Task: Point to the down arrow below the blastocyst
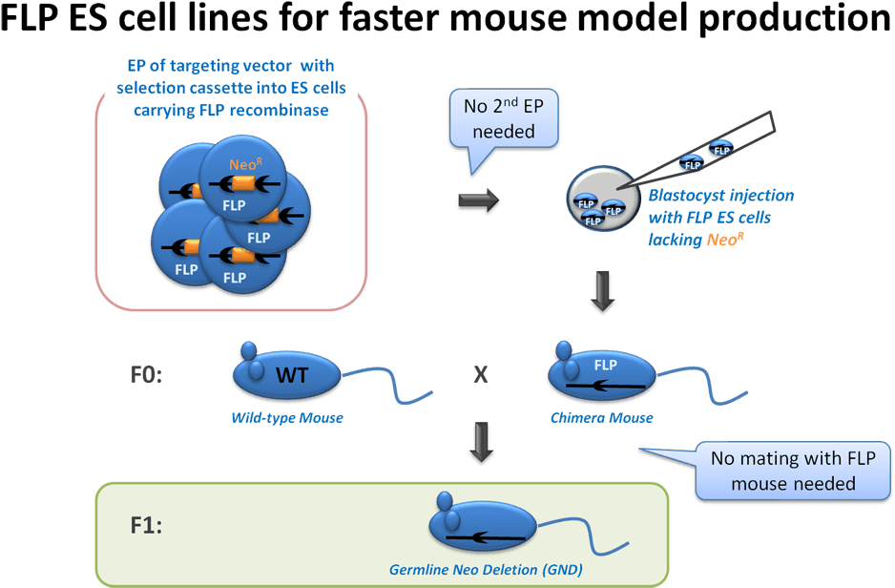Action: pyautogui.click(x=601, y=291)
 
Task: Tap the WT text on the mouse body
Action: pyautogui.click(x=291, y=375)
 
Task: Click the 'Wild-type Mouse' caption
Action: pyautogui.click(x=287, y=418)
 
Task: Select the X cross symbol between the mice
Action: pyautogui.click(x=481, y=374)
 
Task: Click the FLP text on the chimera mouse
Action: pyautogui.click(x=606, y=366)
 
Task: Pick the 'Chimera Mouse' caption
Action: pyautogui.click(x=602, y=418)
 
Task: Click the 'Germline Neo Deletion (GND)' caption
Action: pyautogui.click(x=486, y=571)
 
